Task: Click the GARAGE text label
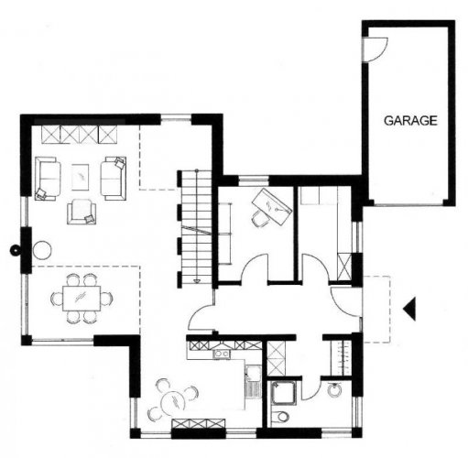tap(410, 121)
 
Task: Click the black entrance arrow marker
tap(409, 309)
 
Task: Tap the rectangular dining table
tap(82, 299)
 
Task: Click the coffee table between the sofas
tap(81, 177)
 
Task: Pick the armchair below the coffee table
tap(82, 212)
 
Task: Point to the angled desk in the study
tap(272, 207)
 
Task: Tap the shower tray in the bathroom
tap(283, 393)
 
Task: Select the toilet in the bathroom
tap(280, 416)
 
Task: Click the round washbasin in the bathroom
tap(334, 390)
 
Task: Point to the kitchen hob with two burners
tap(222, 354)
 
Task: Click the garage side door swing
tap(375, 49)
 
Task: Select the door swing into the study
tap(255, 267)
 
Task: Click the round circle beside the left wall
tap(42, 250)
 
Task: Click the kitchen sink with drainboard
tap(253, 383)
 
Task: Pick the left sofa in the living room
tap(48, 179)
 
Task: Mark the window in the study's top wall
tap(254, 180)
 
